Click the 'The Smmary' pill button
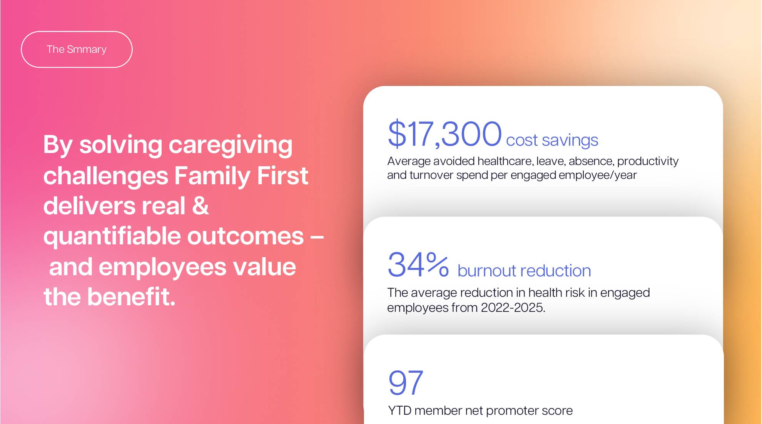tap(77, 49)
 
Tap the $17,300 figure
tap(444, 134)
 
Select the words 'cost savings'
tap(552, 140)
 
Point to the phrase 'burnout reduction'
tap(524, 271)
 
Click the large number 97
tap(406, 383)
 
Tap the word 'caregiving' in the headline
tap(231, 145)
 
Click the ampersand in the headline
tap(200, 206)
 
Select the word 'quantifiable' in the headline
tap(112, 236)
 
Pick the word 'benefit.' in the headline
tap(131, 297)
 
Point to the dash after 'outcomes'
tap(317, 236)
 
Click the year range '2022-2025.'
tap(513, 308)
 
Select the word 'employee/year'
tap(598, 175)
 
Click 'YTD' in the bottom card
tap(400, 411)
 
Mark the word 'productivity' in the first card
tap(648, 161)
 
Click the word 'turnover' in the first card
tap(431, 175)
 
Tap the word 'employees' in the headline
tap(162, 267)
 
